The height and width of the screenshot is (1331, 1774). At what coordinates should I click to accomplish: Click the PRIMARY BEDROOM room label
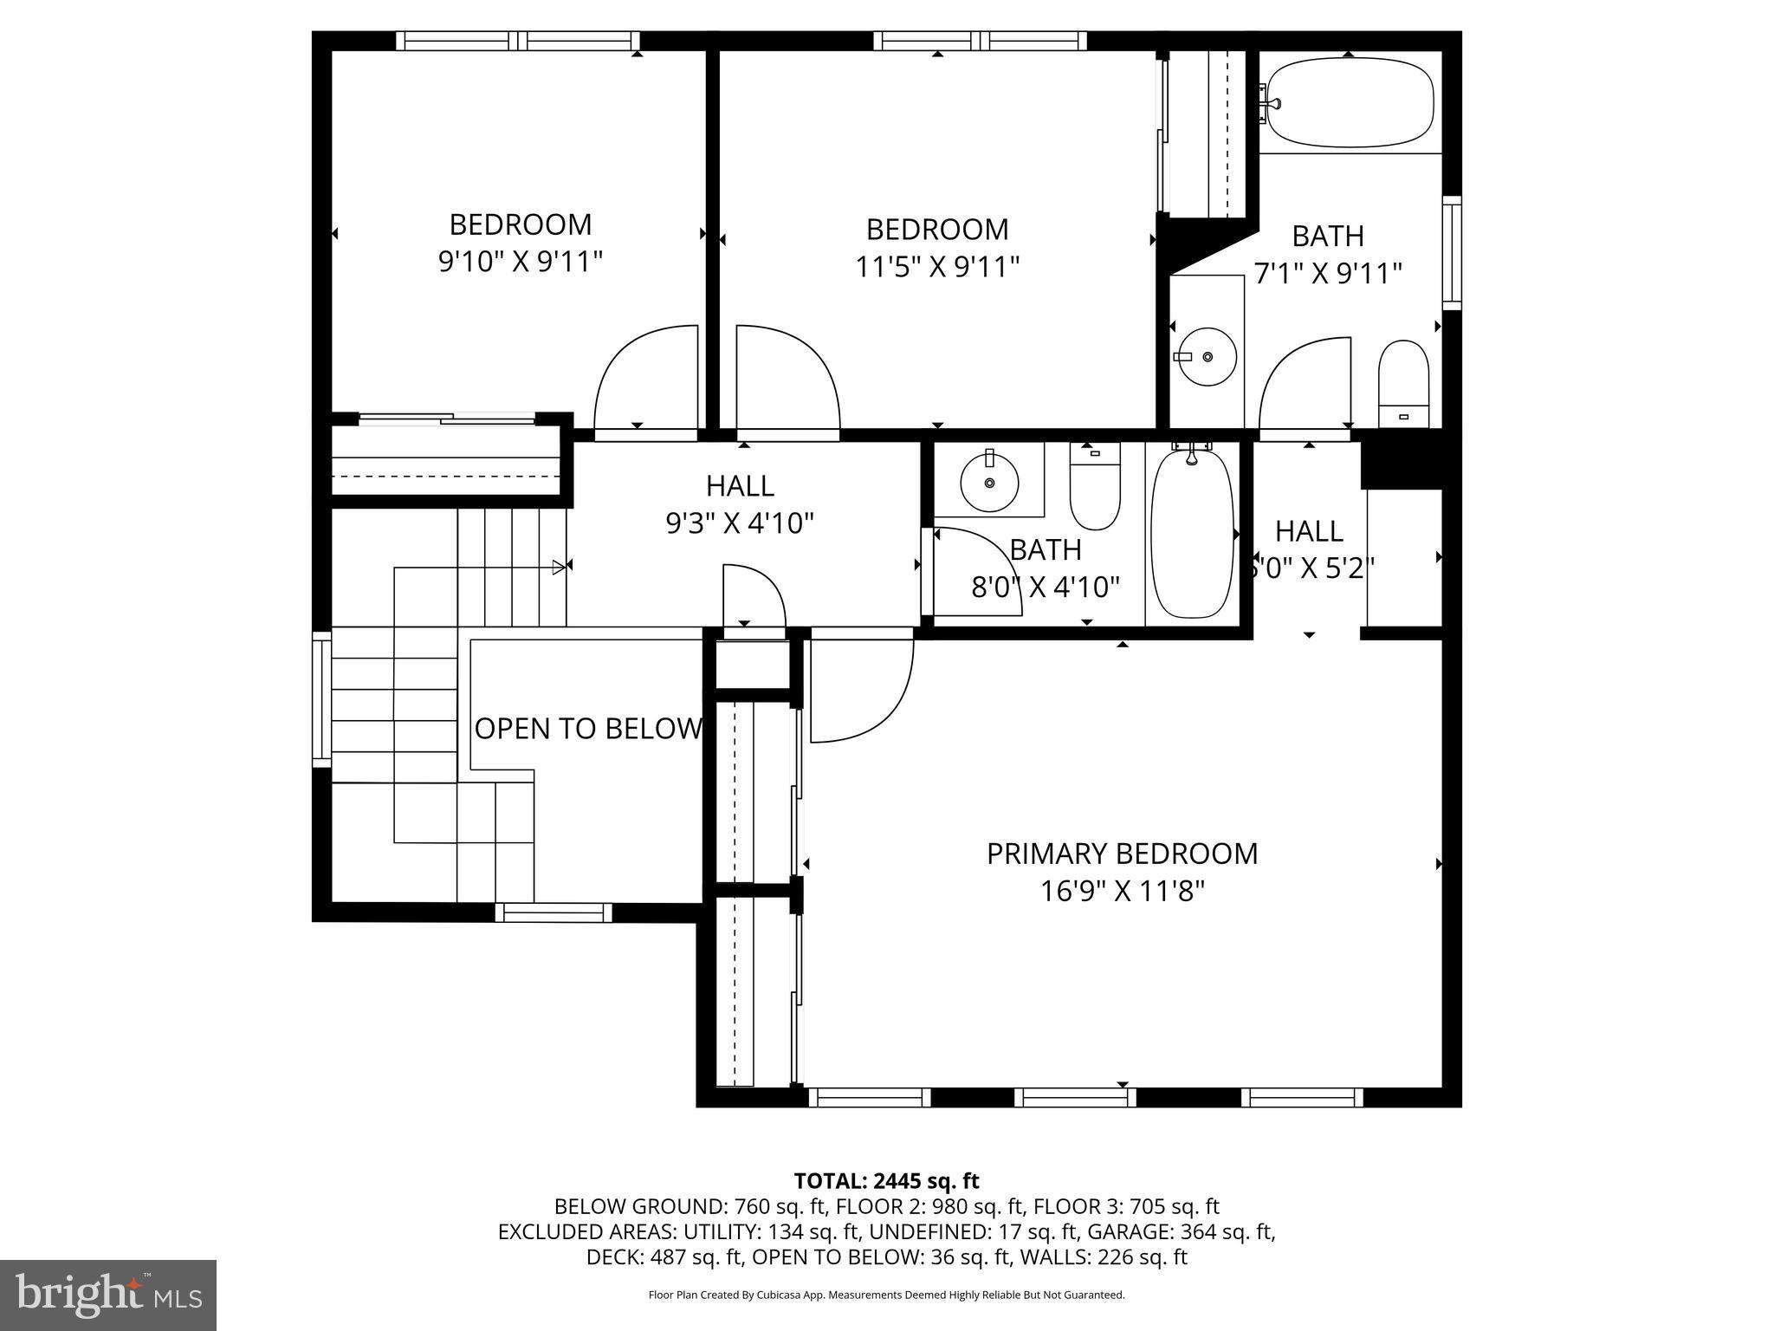pos(1122,854)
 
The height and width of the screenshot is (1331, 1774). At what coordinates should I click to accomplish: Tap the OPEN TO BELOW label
pos(588,729)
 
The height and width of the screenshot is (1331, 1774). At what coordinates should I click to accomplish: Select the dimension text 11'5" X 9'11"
pos(937,267)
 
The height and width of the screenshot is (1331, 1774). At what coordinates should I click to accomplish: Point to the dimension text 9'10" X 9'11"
pos(520,261)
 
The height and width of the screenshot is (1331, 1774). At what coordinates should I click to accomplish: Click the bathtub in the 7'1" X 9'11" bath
pos(1350,103)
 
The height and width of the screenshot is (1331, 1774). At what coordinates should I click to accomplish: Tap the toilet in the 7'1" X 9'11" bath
pos(1402,385)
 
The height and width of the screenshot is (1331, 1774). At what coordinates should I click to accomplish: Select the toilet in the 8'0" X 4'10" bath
pos(1095,486)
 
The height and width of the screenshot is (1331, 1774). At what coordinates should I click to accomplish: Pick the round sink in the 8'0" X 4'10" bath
pos(989,481)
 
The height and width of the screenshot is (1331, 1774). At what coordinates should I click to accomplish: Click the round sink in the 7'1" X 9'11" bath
pos(1207,356)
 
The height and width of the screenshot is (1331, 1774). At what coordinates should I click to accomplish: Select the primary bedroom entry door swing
pos(861,690)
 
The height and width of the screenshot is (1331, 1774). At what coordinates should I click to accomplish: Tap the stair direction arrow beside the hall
pos(559,568)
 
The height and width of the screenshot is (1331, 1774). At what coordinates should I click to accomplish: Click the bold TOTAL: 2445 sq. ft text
pos(886,1180)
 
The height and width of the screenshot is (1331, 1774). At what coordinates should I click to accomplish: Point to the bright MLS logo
pos(108,1295)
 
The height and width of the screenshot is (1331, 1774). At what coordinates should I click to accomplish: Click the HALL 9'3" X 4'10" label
pos(740,504)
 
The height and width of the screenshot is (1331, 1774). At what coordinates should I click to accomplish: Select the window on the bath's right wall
pos(1452,252)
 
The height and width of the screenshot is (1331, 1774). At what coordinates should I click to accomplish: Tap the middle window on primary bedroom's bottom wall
pos(1074,1098)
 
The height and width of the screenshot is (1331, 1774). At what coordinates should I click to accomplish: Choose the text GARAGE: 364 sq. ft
pos(1180,1231)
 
